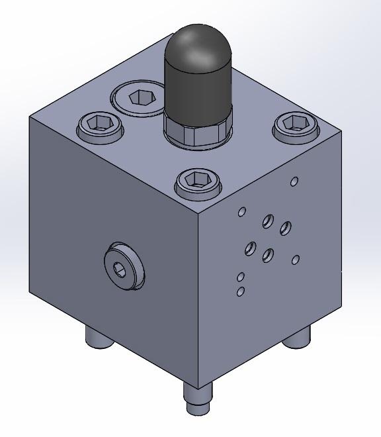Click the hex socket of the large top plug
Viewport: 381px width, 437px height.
(140, 97)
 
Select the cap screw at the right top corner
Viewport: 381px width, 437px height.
(297, 123)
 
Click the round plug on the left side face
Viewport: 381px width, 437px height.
(123, 266)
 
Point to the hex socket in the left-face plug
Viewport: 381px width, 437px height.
(120, 267)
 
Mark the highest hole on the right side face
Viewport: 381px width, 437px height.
(294, 181)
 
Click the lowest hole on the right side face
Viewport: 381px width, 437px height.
(241, 291)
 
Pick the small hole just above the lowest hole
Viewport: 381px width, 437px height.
(241, 277)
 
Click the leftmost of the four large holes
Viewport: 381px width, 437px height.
(251, 249)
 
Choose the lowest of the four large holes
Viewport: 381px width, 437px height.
(268, 255)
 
